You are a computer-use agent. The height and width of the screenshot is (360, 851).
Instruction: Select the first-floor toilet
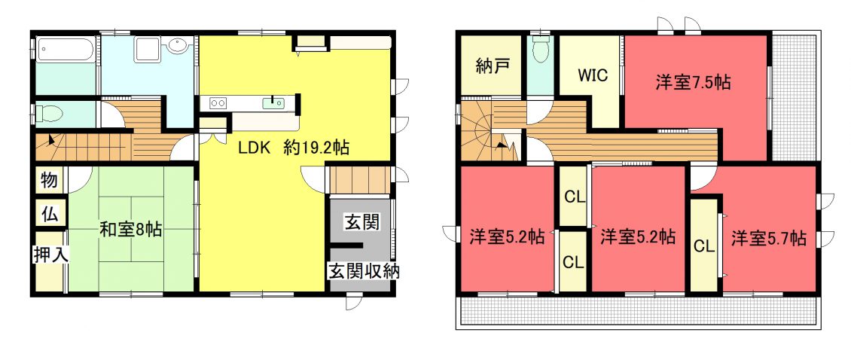pyautogui.click(x=49, y=114)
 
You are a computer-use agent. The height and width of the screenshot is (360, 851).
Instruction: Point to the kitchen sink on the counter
pyautogui.click(x=273, y=102)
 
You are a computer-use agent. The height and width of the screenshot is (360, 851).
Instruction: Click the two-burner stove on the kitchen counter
pyautogui.click(x=218, y=102)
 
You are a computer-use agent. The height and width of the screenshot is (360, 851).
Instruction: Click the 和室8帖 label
pyautogui.click(x=130, y=230)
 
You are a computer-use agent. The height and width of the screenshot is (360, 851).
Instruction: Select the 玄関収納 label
pyautogui.click(x=363, y=271)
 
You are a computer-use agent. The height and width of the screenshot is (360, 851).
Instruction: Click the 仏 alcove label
pyautogui.click(x=50, y=213)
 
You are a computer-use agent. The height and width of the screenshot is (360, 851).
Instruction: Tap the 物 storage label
pyautogui.click(x=50, y=180)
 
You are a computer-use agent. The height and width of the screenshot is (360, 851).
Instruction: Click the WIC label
pyautogui.click(x=592, y=75)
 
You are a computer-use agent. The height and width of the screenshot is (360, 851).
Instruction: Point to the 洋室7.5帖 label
pyautogui.click(x=693, y=83)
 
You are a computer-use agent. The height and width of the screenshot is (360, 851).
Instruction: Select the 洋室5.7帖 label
pyautogui.click(x=768, y=238)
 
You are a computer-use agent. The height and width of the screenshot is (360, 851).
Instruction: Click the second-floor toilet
pyautogui.click(x=541, y=50)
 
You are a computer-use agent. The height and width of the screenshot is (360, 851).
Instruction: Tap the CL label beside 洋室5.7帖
pyautogui.click(x=703, y=246)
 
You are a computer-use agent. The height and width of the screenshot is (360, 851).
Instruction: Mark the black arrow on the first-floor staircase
pyautogui.click(x=51, y=139)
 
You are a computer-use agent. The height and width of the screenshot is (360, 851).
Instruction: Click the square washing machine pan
pyautogui.click(x=147, y=49)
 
